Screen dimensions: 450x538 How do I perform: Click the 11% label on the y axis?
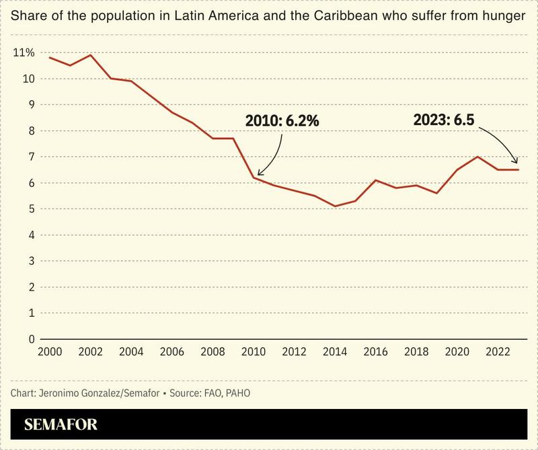24,52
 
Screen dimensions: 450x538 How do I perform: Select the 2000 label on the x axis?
50,352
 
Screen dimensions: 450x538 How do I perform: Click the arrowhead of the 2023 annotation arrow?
516,163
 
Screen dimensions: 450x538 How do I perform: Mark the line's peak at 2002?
91,55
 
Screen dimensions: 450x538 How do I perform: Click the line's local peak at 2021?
477,157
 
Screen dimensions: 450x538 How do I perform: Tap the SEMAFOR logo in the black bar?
61,424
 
